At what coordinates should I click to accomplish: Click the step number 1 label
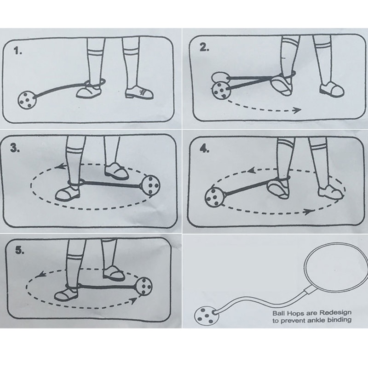click(x=18, y=51)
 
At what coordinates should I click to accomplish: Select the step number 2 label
click(x=204, y=48)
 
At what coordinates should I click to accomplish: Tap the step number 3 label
click(x=15, y=148)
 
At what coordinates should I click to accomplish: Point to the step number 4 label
click(x=204, y=149)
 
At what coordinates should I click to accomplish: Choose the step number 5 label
click(x=20, y=250)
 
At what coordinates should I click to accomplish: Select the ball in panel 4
click(x=213, y=198)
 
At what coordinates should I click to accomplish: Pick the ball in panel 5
click(x=144, y=286)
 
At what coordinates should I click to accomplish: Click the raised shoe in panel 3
click(x=117, y=170)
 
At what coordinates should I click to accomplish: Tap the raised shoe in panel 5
click(x=114, y=273)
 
